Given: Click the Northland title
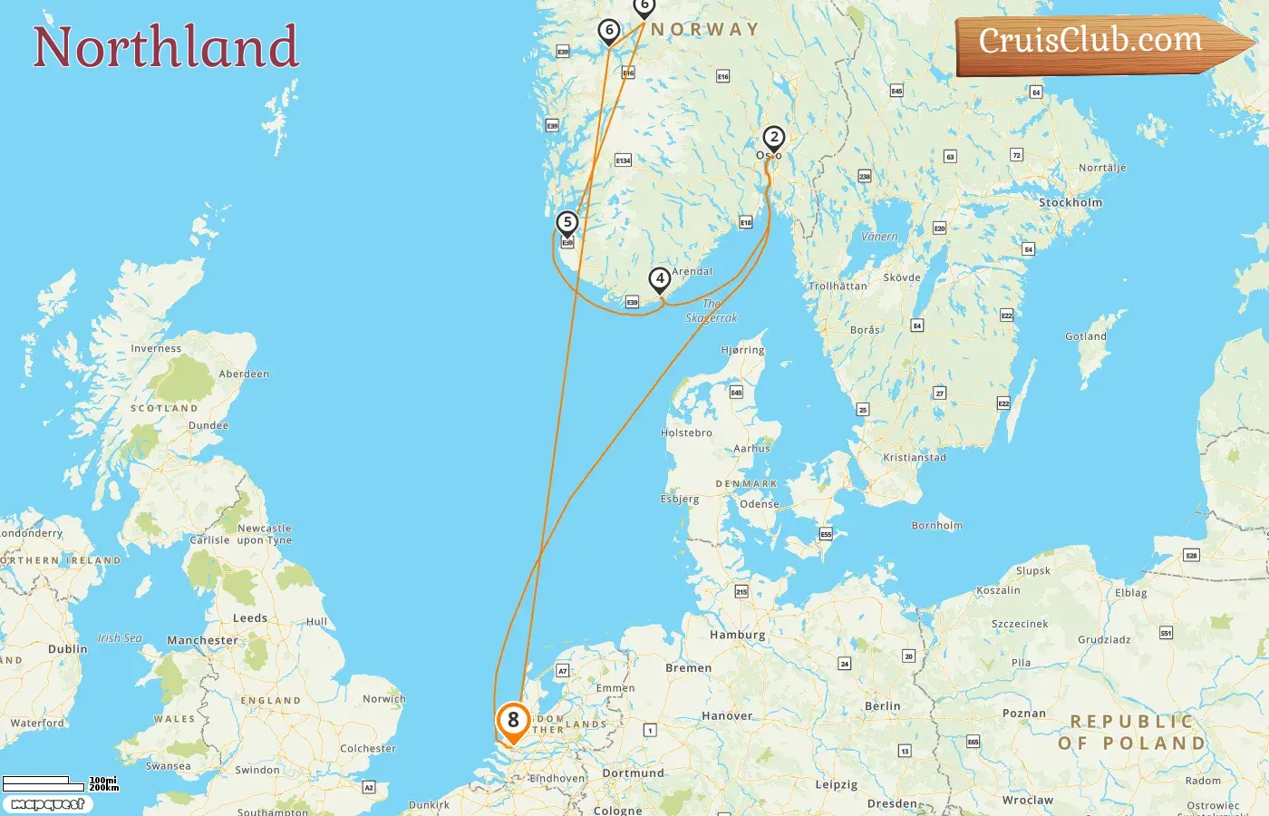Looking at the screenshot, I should (166, 47).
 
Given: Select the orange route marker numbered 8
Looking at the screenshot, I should (513, 722).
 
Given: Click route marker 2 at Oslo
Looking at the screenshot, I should (773, 138).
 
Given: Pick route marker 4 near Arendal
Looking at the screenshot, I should (660, 279).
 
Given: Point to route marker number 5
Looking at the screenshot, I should (567, 223).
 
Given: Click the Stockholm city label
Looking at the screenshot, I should (1070, 203).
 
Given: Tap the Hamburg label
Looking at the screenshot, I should (738, 635).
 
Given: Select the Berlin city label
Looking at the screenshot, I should (883, 706).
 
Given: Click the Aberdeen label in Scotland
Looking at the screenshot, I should (244, 374).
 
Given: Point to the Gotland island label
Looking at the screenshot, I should (1086, 336).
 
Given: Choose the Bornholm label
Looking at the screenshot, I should (937, 526).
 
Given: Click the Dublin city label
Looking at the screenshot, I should (68, 649).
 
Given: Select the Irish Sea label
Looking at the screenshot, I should (121, 638).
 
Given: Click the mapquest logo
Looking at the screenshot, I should (47, 804).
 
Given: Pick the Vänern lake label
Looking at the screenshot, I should (879, 237).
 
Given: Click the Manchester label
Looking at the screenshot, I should (202, 640).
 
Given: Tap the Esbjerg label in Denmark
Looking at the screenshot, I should (680, 500).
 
